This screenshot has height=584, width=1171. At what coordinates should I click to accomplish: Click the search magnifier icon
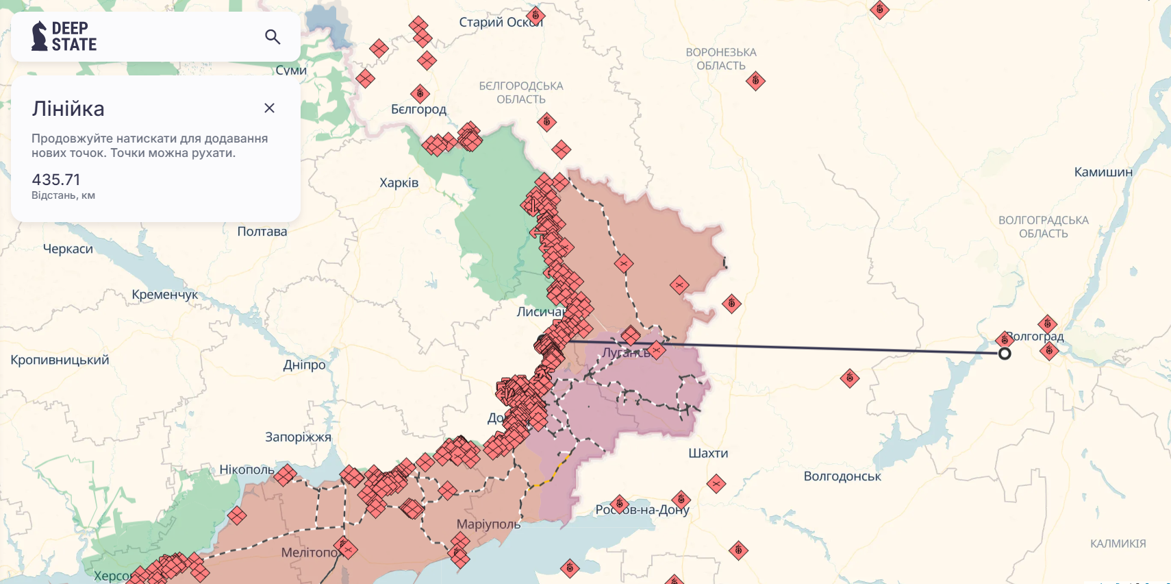[x=273, y=37]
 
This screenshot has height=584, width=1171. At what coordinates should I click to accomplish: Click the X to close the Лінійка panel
[x=269, y=108]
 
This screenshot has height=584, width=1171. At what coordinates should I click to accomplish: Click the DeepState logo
[x=64, y=36]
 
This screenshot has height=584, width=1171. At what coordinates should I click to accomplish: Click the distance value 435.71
[x=56, y=180]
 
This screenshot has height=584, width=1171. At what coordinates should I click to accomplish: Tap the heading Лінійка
[x=68, y=109]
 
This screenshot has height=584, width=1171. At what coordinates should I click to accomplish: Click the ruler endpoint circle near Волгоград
[x=1005, y=354]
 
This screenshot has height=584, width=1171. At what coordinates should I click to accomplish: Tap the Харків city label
[x=399, y=183]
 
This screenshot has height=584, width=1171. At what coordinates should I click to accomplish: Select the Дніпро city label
[x=304, y=365]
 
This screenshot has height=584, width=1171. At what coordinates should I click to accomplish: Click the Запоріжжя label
[x=298, y=437]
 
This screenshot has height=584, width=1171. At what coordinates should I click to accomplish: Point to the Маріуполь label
[x=488, y=524]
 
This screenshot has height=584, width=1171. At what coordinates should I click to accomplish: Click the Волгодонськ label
[x=842, y=476]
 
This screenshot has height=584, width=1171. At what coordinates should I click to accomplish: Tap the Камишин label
[x=1103, y=172]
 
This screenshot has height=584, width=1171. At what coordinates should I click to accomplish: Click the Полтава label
[x=262, y=232]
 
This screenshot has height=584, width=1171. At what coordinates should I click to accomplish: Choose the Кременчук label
[x=164, y=295]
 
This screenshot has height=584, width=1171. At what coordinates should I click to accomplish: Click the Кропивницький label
[x=60, y=360]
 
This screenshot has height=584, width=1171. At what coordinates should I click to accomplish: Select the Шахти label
[x=708, y=453]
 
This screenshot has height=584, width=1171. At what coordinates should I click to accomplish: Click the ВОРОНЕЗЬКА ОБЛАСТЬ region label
[x=720, y=59]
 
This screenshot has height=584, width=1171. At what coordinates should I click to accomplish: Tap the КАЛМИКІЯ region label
[x=1118, y=544]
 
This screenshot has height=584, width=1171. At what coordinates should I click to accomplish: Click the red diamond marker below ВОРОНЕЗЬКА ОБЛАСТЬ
[x=755, y=81]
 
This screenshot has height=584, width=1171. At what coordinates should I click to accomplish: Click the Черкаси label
[x=68, y=249]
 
